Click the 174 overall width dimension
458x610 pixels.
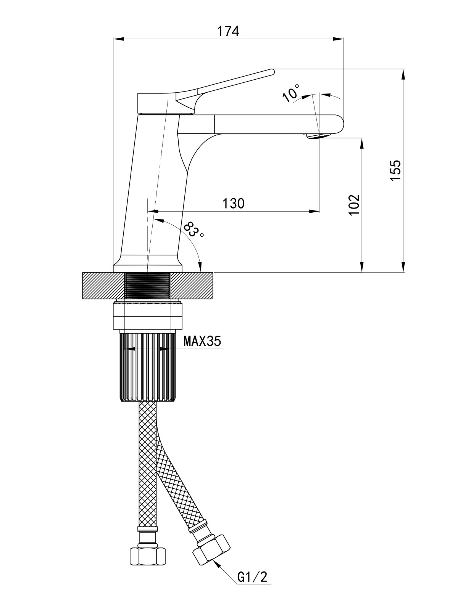click(x=228, y=31)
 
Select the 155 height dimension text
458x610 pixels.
click(x=395, y=170)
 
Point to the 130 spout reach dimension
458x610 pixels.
click(x=234, y=204)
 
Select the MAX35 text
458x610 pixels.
click(x=202, y=341)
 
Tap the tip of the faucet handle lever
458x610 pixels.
click(x=273, y=72)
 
